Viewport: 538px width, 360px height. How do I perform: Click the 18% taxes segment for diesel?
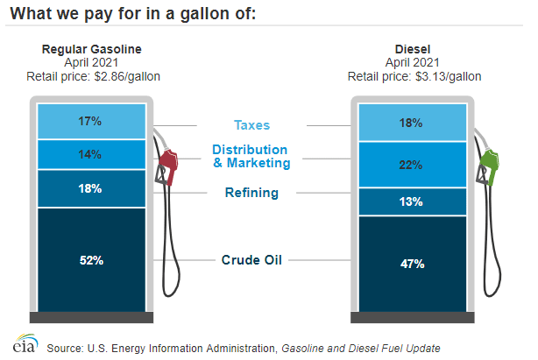point(412,124)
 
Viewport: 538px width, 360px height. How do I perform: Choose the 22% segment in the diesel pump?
point(412,165)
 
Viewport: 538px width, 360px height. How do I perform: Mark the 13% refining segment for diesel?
point(412,201)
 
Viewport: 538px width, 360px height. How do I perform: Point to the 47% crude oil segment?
point(412,263)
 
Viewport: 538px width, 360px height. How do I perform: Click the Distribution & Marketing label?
point(251,156)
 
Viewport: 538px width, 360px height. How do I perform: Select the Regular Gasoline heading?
point(92,49)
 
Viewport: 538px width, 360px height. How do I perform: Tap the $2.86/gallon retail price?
point(92,76)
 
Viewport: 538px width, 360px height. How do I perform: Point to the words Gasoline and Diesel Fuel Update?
point(359,348)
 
